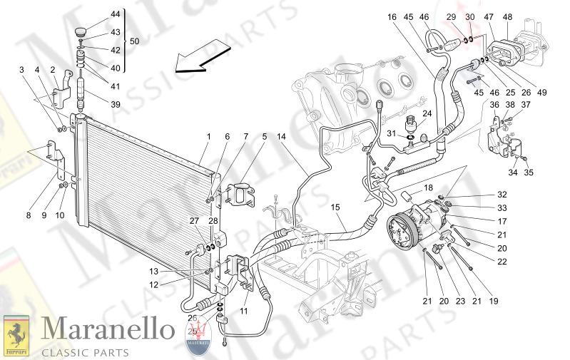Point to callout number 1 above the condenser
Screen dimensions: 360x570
(208, 137)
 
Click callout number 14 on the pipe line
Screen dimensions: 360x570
(281, 137)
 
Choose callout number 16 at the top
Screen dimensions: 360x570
(392, 18)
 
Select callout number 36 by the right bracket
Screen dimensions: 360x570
(494, 105)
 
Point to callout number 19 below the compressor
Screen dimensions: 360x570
(492, 302)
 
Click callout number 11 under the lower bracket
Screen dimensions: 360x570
(244, 312)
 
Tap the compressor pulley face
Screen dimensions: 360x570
(400, 236)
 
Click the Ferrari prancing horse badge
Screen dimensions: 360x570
(16, 334)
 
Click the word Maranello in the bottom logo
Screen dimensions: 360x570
(108, 329)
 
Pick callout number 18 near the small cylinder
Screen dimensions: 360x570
(428, 188)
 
